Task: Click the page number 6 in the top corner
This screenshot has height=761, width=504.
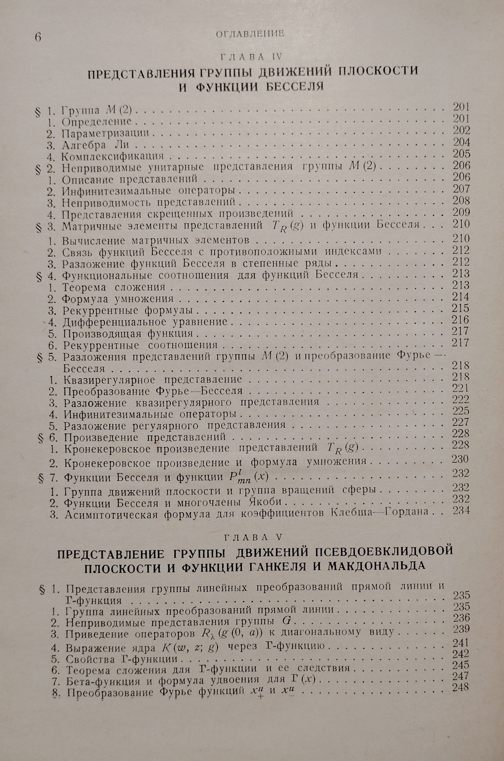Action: point(38,38)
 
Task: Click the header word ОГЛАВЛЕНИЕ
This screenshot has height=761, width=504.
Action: point(250,34)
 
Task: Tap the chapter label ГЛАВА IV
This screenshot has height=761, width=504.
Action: point(251,57)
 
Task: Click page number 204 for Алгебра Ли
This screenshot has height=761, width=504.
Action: point(461,142)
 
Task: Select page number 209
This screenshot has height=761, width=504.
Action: point(461,212)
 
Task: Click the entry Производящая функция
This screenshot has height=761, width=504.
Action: point(128,334)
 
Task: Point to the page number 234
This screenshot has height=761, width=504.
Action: point(461,511)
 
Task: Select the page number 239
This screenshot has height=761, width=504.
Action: point(461,629)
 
